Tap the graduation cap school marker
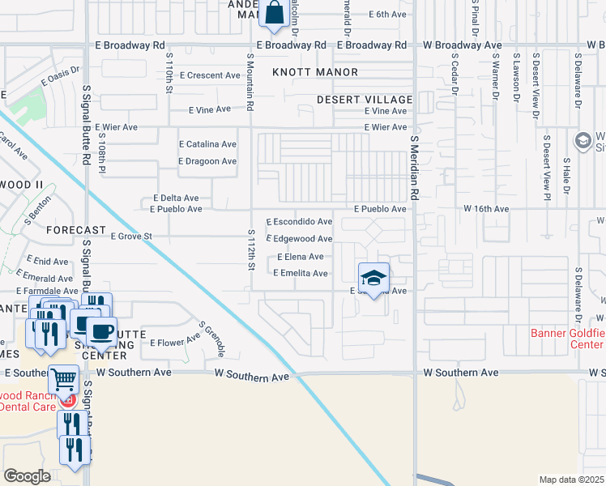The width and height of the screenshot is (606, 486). [373, 278]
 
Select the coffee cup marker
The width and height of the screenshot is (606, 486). [102, 331]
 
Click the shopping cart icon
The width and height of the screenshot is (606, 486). [63, 378]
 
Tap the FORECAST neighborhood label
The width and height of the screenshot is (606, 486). [76, 230]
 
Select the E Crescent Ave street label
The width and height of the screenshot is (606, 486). [211, 75]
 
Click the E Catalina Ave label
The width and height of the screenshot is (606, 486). [207, 144]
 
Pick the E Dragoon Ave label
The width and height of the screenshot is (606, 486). [207, 161]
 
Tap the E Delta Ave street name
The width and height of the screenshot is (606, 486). [176, 198]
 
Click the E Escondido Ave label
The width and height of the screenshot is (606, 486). [300, 221]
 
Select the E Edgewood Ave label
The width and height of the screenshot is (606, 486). [300, 239]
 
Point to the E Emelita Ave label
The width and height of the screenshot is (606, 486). [300, 273]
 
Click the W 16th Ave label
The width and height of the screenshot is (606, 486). [486, 209]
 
